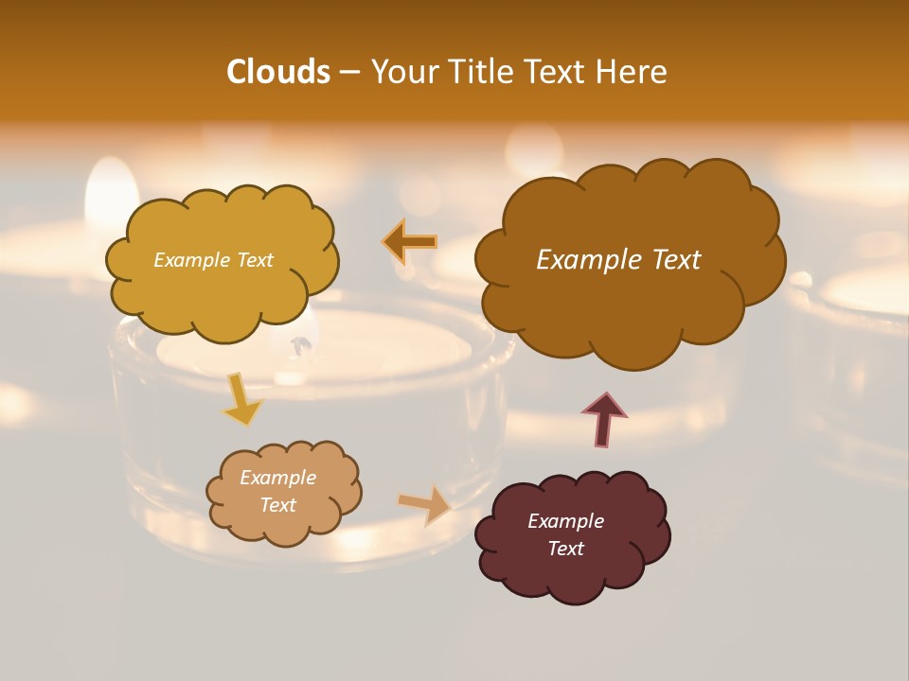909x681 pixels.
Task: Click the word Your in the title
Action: (x=405, y=72)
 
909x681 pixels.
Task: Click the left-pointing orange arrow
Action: (x=410, y=242)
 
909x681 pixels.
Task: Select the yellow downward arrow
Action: (x=242, y=399)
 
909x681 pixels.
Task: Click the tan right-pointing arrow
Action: (x=425, y=505)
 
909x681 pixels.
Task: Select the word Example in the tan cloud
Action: (x=277, y=478)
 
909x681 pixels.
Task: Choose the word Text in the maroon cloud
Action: (x=565, y=549)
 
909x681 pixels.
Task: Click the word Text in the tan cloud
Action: (x=277, y=505)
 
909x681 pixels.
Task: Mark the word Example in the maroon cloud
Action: (x=565, y=521)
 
